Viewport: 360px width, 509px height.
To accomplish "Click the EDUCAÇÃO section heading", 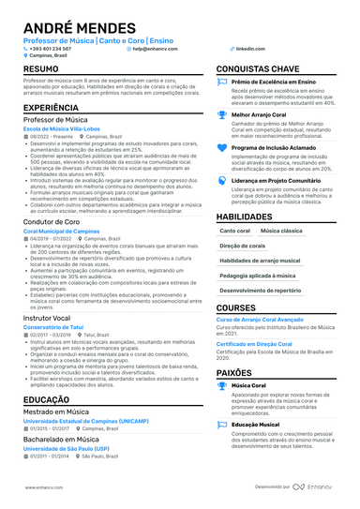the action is coord(46,398).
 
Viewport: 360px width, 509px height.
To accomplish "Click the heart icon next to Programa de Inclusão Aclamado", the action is coord(222,148).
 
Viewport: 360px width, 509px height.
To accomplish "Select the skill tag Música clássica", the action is coord(281,230).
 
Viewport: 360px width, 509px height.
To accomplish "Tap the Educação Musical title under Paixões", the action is coord(257,424).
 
